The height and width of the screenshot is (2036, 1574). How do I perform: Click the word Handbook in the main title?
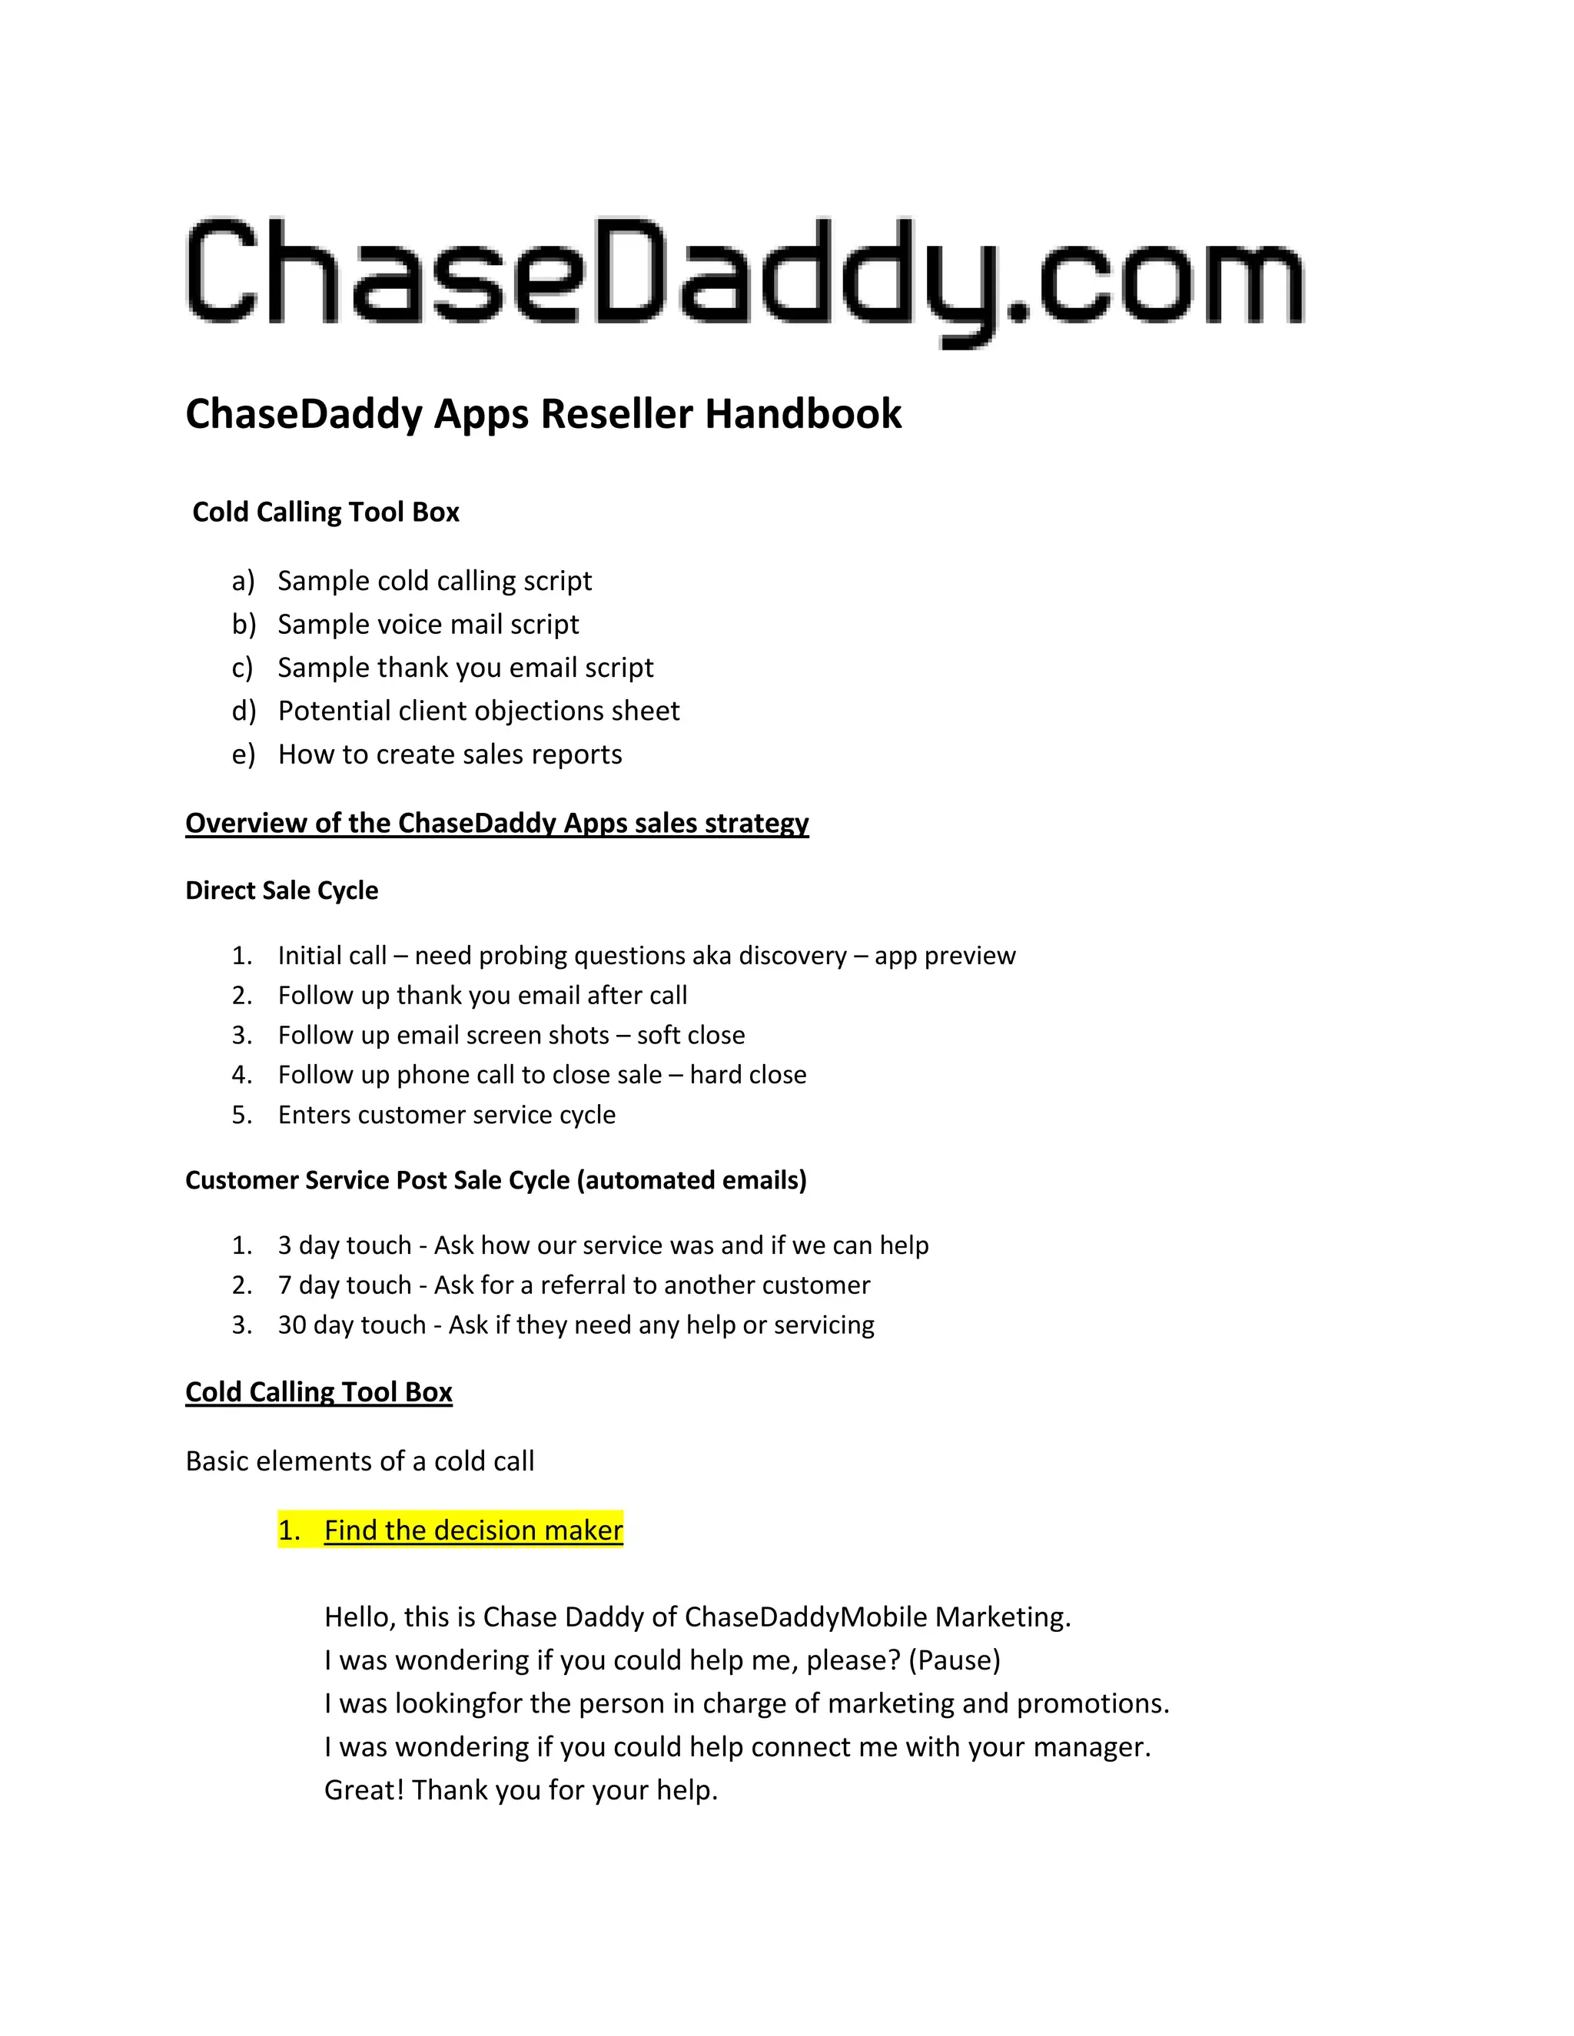tap(803, 414)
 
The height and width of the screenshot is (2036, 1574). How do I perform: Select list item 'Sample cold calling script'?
tap(434, 581)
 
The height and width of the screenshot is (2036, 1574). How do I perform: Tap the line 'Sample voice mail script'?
tap(428, 625)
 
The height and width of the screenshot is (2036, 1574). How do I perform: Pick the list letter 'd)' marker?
tap(244, 711)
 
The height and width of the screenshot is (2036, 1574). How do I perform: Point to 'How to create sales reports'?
tap(450, 754)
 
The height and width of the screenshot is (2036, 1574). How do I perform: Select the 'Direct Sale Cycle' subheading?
tap(281, 890)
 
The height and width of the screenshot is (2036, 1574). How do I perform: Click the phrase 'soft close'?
tap(690, 1035)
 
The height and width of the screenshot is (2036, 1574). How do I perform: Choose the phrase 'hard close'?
tap(748, 1075)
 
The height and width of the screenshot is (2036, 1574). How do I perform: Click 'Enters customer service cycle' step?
tap(447, 1115)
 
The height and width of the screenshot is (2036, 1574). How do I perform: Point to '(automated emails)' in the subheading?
tap(692, 1180)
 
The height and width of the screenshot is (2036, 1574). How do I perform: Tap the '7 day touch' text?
tap(344, 1285)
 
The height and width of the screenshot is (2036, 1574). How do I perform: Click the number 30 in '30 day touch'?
tap(292, 1325)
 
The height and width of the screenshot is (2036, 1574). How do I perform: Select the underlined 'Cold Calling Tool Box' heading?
tap(319, 1392)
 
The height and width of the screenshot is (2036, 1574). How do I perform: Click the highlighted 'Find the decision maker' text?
tap(473, 1530)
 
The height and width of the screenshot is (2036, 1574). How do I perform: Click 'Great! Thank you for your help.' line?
tap(520, 1790)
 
